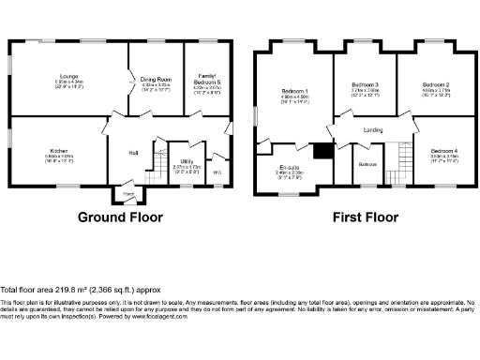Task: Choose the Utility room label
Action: pyautogui.click(x=187, y=161)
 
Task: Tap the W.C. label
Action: pyautogui.click(x=217, y=172)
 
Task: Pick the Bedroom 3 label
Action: pyautogui.click(x=364, y=85)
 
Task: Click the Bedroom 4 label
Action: pyautogui.click(x=444, y=152)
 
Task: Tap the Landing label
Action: pyautogui.click(x=373, y=130)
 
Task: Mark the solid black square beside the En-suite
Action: pyautogui.click(x=323, y=151)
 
